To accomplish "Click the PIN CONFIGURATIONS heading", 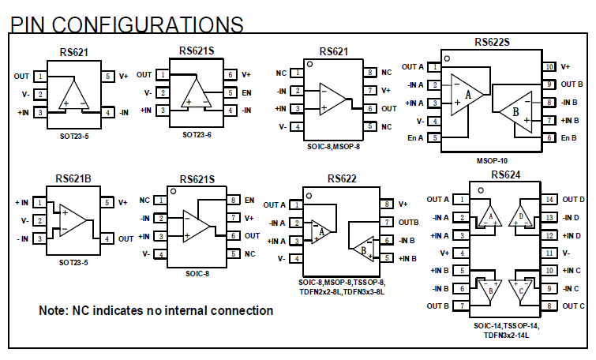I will [x=126, y=24].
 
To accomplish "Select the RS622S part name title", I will [x=492, y=43].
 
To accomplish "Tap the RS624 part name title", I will [x=505, y=174].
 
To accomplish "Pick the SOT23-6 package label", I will [x=197, y=135].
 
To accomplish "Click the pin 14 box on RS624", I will [x=549, y=200].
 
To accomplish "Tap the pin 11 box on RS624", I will [x=549, y=253].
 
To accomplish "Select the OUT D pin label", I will [x=573, y=200].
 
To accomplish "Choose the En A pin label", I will [x=414, y=138].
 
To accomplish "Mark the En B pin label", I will [x=570, y=138].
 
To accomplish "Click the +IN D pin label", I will [x=572, y=235].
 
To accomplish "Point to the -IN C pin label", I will [x=572, y=289].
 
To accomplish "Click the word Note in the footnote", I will [x=55, y=311].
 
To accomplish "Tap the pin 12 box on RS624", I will [x=549, y=235].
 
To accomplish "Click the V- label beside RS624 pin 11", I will [x=566, y=253].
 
